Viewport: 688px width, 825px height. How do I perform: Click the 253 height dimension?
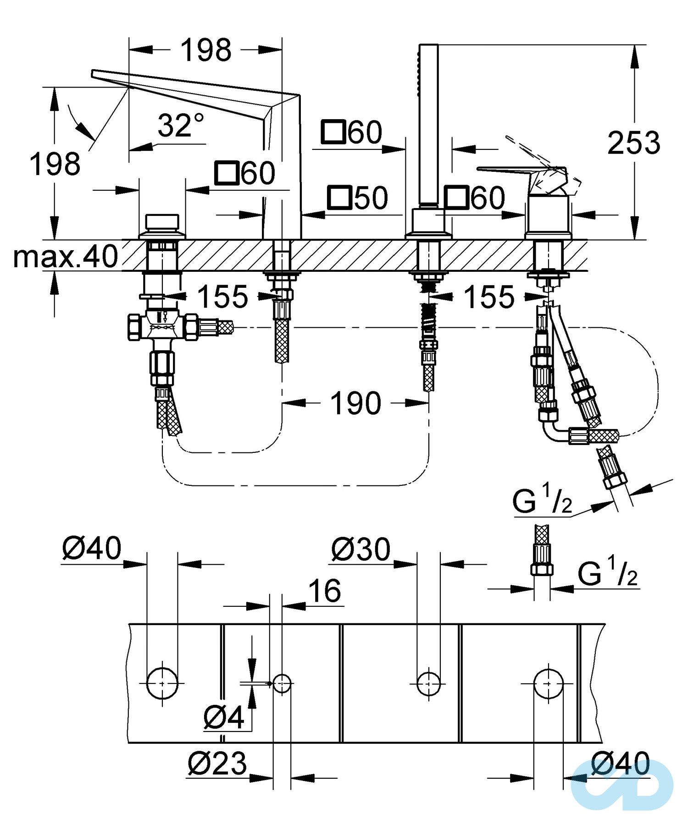coord(633,143)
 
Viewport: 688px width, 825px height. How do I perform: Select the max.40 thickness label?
coord(66,256)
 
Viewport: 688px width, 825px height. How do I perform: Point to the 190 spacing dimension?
coord(355,403)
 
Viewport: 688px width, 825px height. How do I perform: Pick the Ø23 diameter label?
coord(217,763)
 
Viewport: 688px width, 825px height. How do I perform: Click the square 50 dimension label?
coord(358,198)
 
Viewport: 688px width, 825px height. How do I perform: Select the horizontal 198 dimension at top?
coord(206,50)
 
